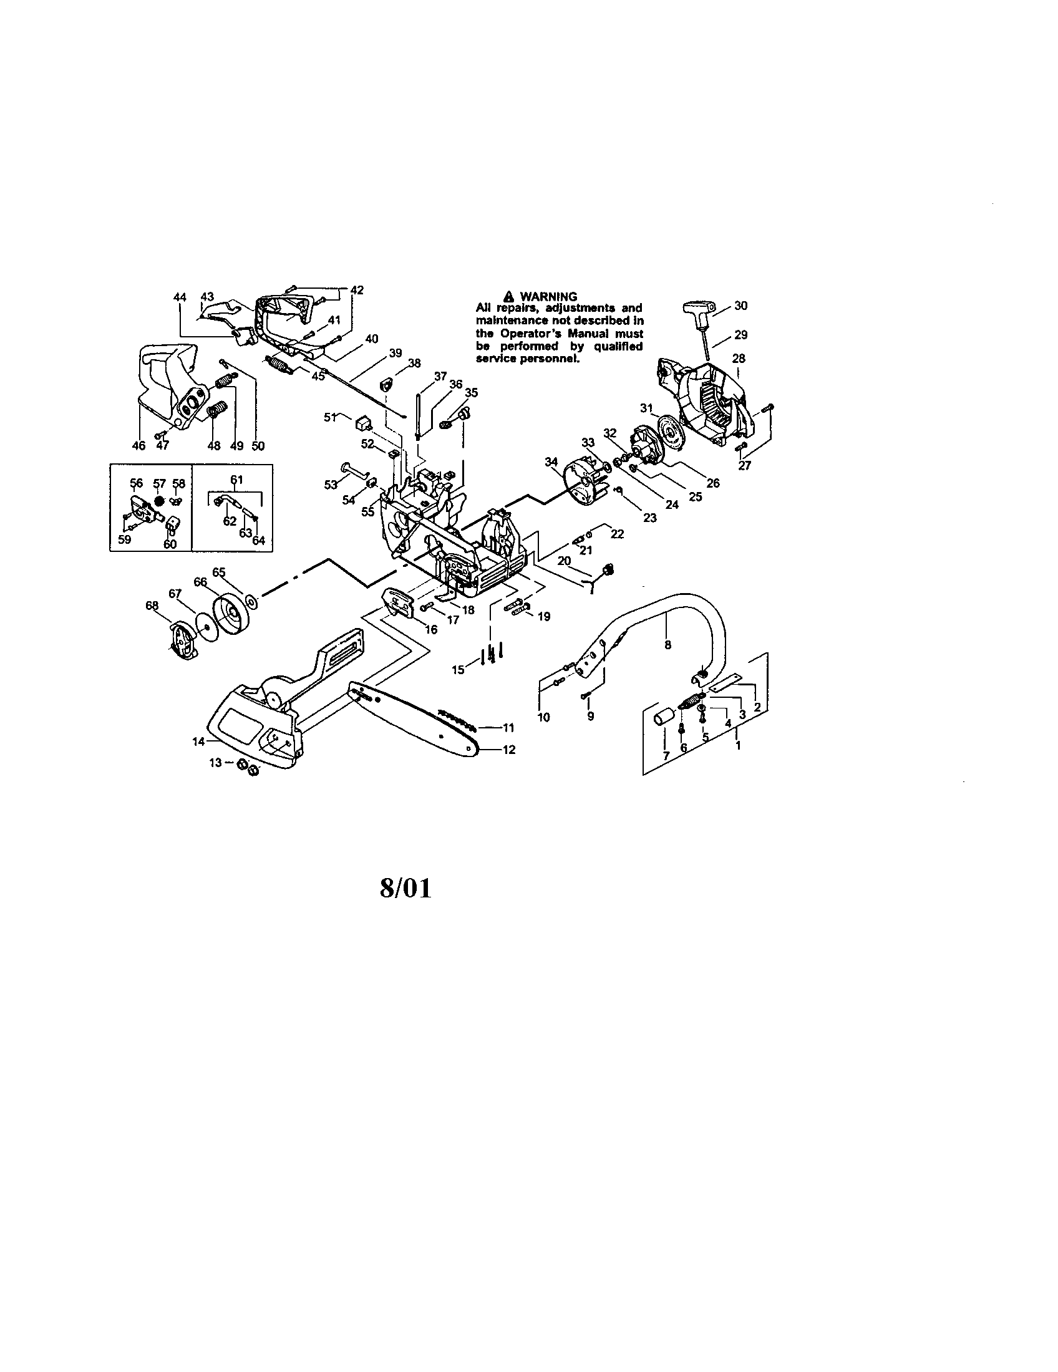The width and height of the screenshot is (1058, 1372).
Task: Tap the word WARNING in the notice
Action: point(548,296)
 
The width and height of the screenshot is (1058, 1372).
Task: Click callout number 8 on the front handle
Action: point(667,644)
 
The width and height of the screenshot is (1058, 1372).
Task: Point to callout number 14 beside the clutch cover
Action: point(198,742)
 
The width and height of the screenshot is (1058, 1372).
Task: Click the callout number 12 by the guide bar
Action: point(509,750)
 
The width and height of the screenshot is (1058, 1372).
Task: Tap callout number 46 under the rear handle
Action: point(139,445)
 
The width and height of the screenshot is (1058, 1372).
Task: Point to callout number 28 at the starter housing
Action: point(739,359)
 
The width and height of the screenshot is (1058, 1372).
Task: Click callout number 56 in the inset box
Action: point(137,483)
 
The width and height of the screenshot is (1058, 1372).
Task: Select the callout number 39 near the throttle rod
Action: point(394,353)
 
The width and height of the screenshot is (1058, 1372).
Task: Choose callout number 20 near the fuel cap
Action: point(564,560)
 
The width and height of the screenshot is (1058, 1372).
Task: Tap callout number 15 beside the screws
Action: point(459,670)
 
